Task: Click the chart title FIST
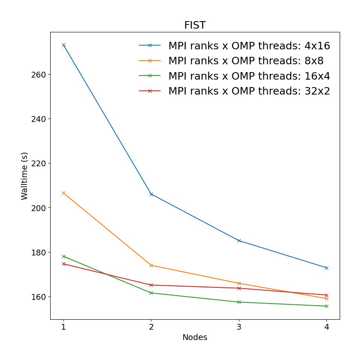click(x=195, y=25)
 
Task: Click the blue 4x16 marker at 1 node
click(x=63, y=45)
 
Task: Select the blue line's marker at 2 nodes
click(x=151, y=194)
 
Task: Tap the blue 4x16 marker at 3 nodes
click(x=239, y=241)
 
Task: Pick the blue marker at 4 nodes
click(x=326, y=268)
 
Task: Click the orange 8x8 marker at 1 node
click(x=63, y=193)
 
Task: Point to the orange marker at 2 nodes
click(x=151, y=265)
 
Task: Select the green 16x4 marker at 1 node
click(x=63, y=256)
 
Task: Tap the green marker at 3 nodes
click(x=239, y=302)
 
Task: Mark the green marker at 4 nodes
click(x=326, y=306)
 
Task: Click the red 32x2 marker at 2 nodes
click(x=151, y=285)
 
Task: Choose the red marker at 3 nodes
click(x=239, y=288)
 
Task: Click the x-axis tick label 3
click(x=239, y=327)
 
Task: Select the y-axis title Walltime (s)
click(x=24, y=176)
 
